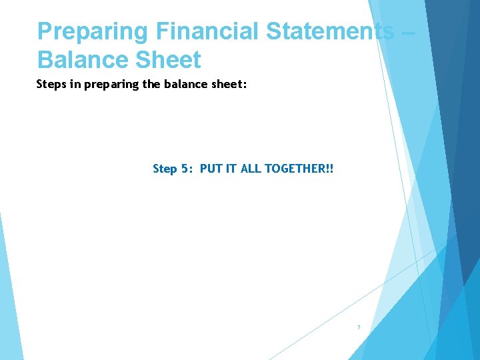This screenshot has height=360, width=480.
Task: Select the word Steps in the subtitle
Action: click(51, 85)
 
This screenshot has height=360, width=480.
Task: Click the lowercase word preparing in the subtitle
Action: click(108, 86)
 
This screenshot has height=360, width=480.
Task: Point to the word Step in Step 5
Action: click(165, 169)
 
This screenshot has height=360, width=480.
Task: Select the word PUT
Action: click(210, 169)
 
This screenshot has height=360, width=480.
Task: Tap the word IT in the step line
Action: click(230, 169)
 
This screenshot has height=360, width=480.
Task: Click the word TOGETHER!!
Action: click(299, 169)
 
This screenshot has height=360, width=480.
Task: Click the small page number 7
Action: click(358, 327)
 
